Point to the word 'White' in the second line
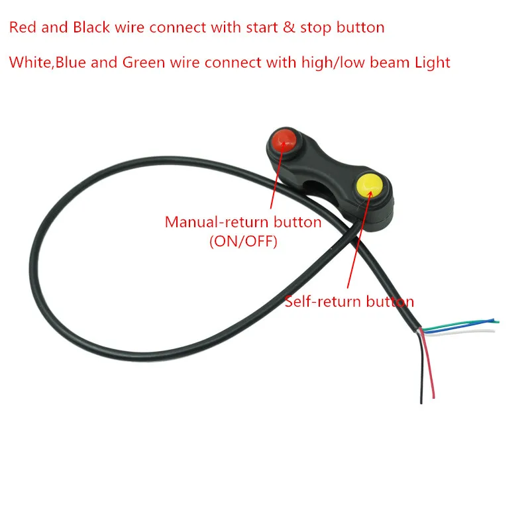coord(28,63)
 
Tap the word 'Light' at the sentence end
coord(432,63)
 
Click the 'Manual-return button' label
coord(243,222)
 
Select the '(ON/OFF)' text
coord(243,241)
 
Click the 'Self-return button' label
coord(349,301)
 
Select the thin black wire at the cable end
coord(421,378)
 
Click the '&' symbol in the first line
coord(288,28)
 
